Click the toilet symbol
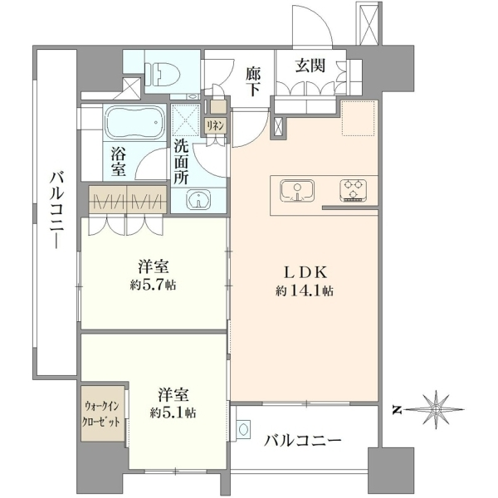(164, 74)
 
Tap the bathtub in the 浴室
(134, 123)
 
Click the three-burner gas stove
(354, 190)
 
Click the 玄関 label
(310, 66)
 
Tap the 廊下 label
(253, 82)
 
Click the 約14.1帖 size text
(305, 291)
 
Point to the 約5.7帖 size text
(153, 285)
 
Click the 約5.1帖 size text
(173, 413)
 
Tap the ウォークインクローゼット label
(101, 414)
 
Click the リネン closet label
(216, 125)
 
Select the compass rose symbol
(437, 410)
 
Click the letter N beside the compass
(396, 411)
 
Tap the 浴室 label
(118, 162)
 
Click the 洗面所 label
(181, 163)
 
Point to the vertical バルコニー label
(57, 210)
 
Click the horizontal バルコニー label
(303, 441)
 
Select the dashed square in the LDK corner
(359, 118)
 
